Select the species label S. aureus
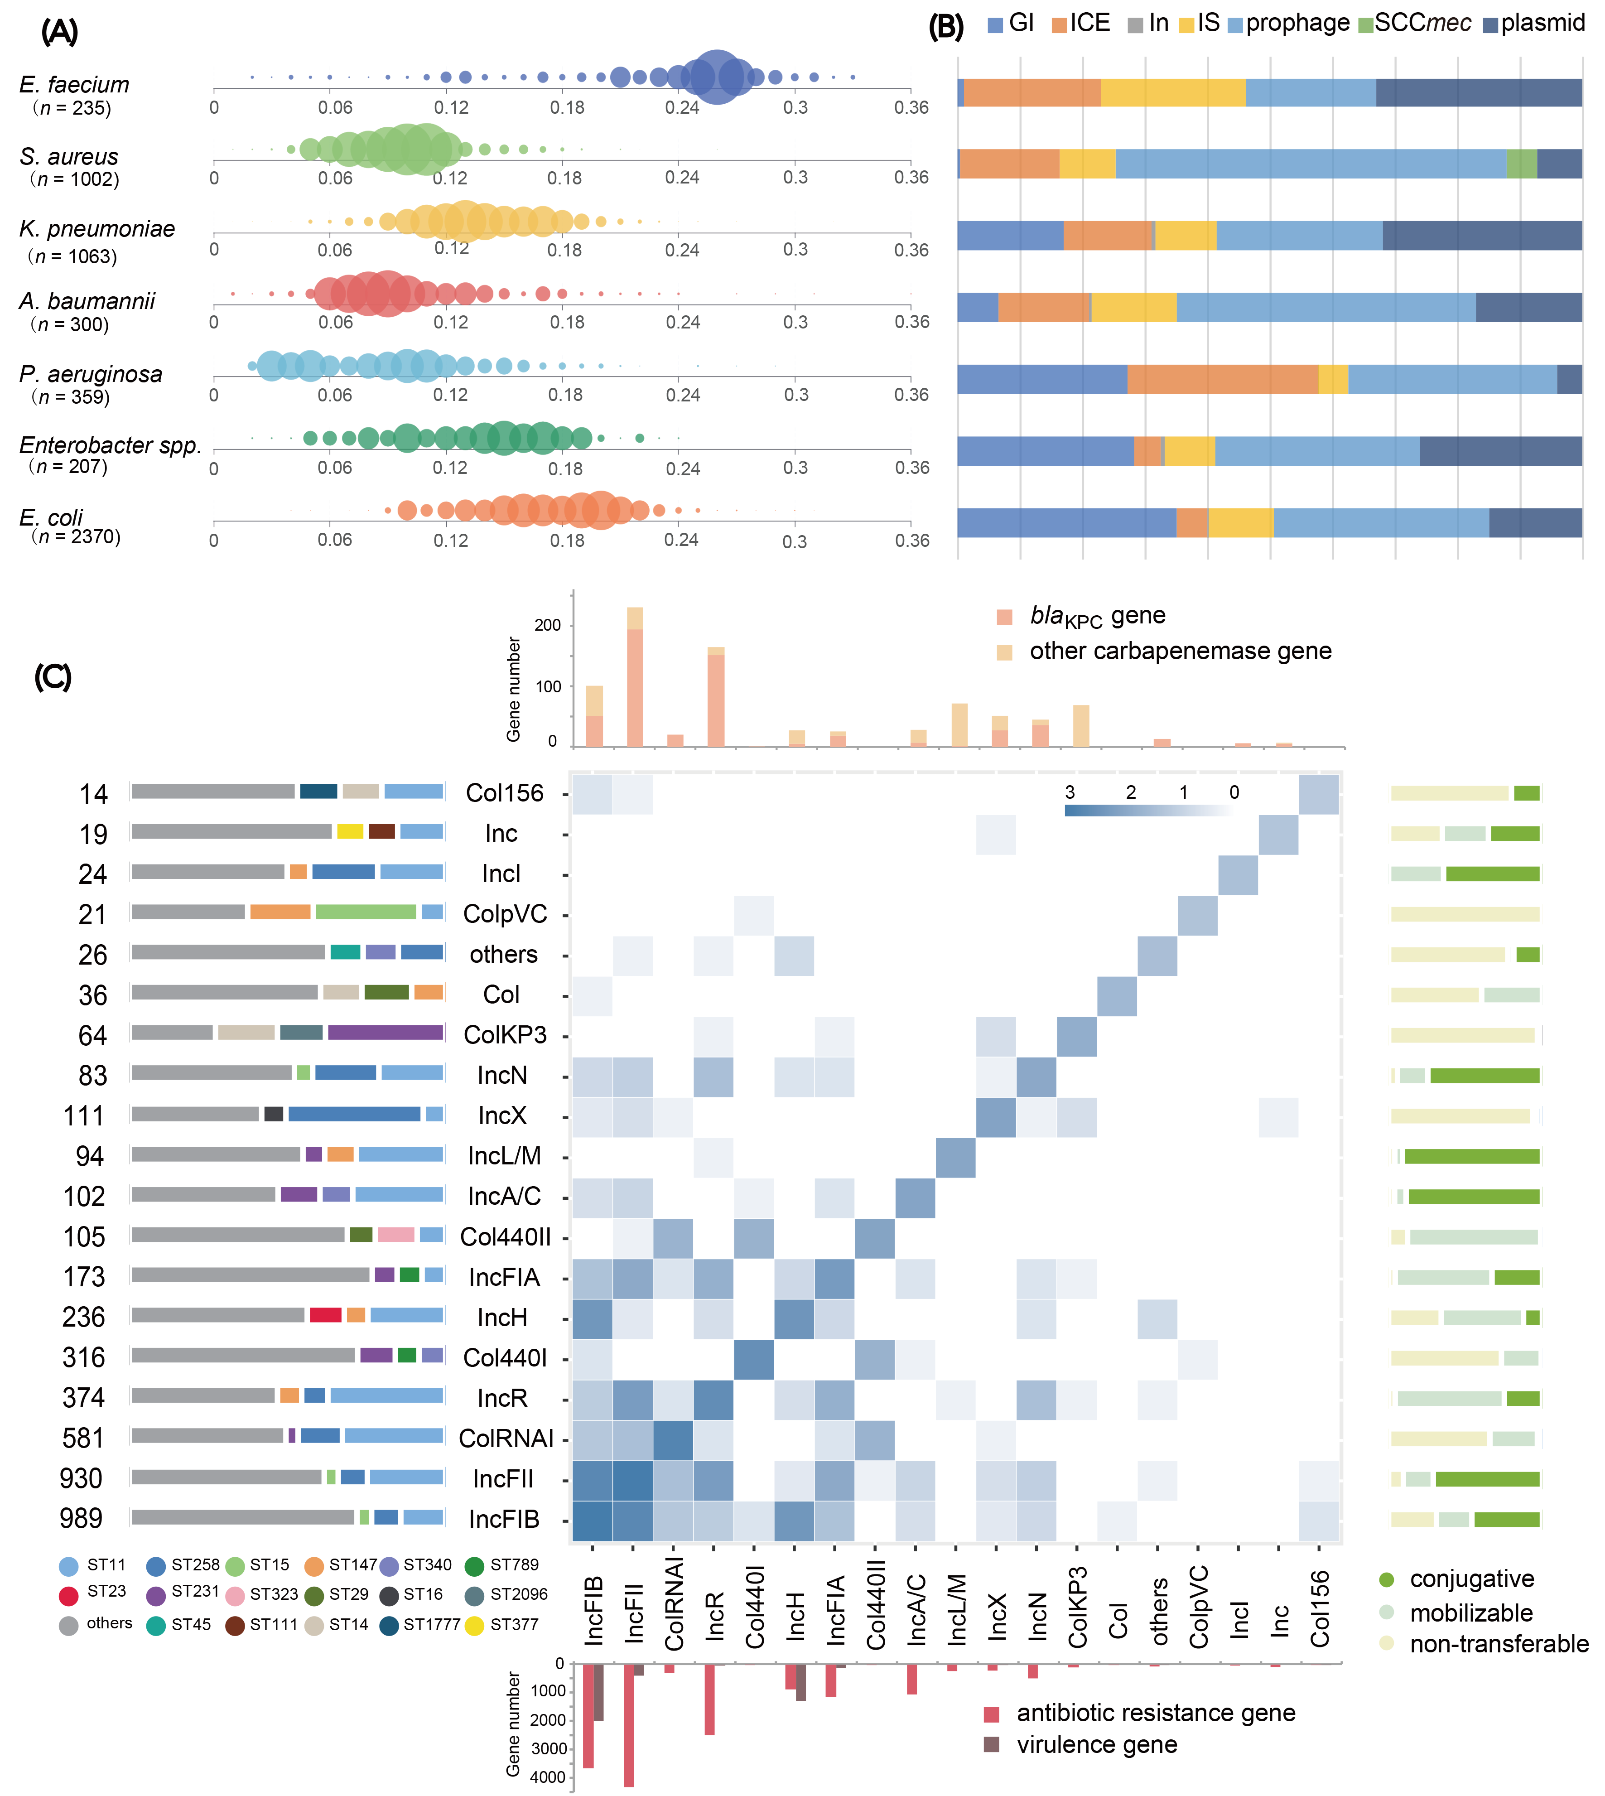point(69,157)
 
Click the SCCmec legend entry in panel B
point(1422,23)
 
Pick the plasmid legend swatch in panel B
point(1490,25)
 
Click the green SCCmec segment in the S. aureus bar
point(1521,164)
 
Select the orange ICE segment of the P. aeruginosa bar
point(1222,379)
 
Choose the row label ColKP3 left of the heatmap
point(505,1035)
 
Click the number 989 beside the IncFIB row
point(81,1518)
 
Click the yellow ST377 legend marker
point(474,1625)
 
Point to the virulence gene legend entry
point(1096,1745)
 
